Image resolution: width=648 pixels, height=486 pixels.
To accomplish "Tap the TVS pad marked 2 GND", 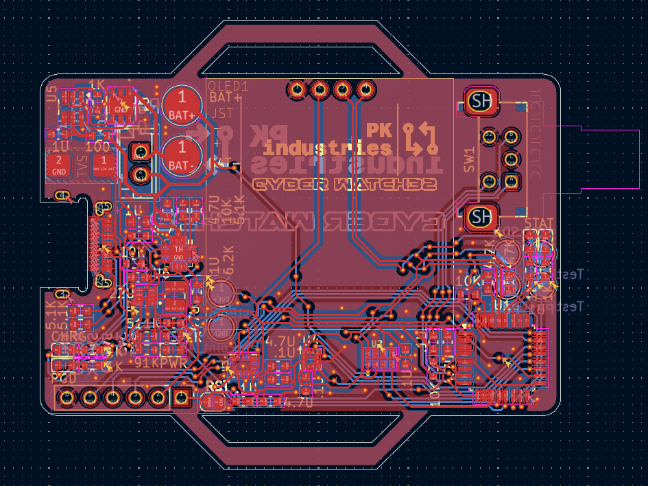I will point(59,165).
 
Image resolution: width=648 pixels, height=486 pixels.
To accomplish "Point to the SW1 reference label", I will point(469,159).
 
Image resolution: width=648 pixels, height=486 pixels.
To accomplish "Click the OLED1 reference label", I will point(228,86).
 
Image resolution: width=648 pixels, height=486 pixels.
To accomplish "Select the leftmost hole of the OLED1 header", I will point(297,89).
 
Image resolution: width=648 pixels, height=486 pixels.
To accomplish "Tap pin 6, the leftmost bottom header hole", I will point(67,397).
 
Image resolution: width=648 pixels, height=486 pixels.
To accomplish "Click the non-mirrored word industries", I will point(328,148).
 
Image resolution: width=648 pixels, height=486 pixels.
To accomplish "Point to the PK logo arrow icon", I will point(419,137).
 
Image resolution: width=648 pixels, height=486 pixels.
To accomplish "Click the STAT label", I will point(538,223).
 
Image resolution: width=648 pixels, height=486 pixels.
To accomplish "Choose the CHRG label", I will point(69,336).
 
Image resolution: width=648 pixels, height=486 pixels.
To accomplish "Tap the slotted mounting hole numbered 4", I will point(63,196).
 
